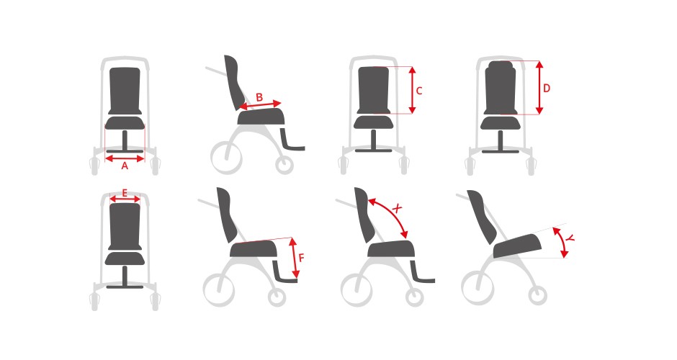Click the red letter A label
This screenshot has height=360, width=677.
pyautogui.click(x=125, y=166)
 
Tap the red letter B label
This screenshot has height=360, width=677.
pyautogui.click(x=259, y=97)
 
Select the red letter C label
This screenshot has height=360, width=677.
pyautogui.click(x=419, y=91)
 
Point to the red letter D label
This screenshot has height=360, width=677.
pyautogui.click(x=547, y=89)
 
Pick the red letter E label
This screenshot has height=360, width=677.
pyautogui.click(x=125, y=193)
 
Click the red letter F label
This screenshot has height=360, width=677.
pyautogui.click(x=302, y=257)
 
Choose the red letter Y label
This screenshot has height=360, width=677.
pyautogui.click(x=569, y=238)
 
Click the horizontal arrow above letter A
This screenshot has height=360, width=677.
pyautogui.click(x=125, y=157)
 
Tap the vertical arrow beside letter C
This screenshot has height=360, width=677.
pyautogui.click(x=412, y=90)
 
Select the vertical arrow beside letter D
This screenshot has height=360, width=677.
pyautogui.click(x=539, y=89)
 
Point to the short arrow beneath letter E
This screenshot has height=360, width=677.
pyautogui.click(x=125, y=199)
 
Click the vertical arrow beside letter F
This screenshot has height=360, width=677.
pyautogui.click(x=294, y=258)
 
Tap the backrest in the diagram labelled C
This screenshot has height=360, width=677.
pyautogui.click(x=374, y=90)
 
